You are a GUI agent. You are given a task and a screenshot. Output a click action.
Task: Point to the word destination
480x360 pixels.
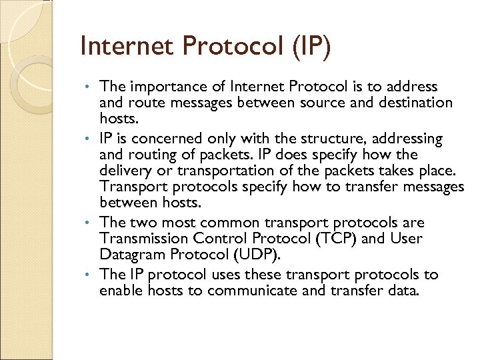[x=413, y=103]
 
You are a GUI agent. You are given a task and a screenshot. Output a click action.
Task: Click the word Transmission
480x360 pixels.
[x=141, y=239]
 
